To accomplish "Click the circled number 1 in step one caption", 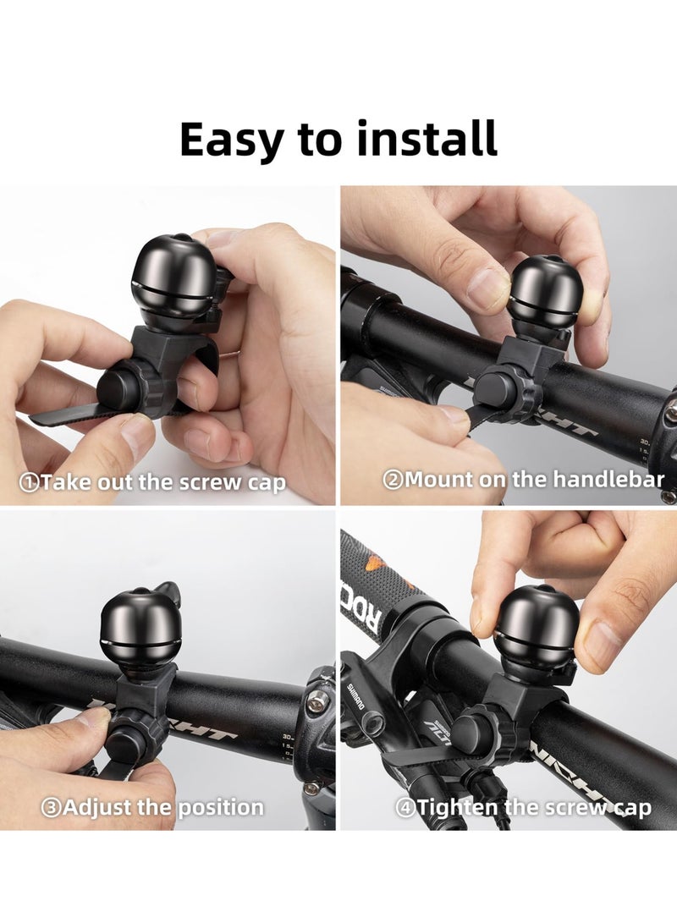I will pos(30,484).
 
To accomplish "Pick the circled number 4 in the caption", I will pos(405,808).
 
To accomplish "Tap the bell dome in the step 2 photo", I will pos(545,293).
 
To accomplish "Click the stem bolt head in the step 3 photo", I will pos(317,701).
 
